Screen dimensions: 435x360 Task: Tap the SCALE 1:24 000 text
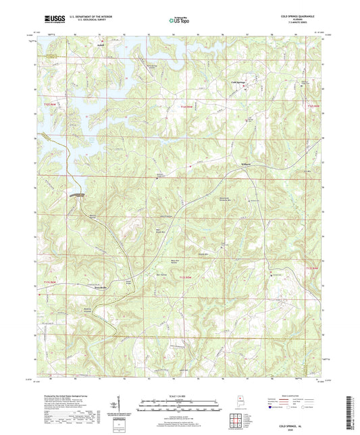point(179,396)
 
